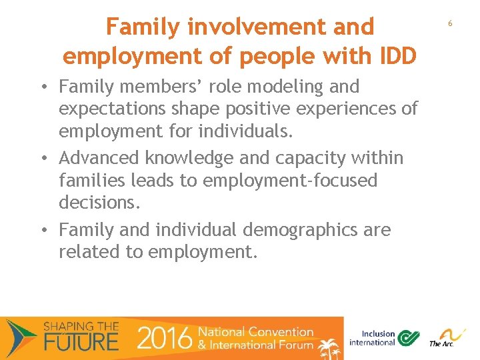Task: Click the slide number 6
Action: point(450,23)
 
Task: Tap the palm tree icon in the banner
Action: point(329,347)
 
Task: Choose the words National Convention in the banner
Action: point(255,332)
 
